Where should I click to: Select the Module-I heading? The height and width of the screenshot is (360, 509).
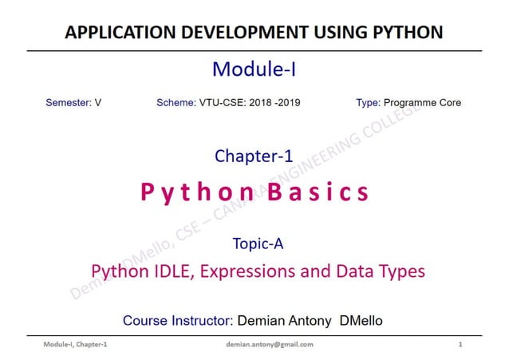point(254,70)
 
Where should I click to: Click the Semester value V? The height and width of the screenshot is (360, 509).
point(98,103)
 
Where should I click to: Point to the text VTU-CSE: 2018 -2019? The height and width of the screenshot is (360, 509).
point(250,103)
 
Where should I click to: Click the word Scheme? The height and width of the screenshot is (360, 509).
point(176,103)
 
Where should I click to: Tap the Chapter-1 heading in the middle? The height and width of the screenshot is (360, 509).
point(254,156)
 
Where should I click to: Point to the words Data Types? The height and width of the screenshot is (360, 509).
point(377,271)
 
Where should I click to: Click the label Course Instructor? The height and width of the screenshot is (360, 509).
point(176,321)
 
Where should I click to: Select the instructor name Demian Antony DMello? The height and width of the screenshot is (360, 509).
point(309,321)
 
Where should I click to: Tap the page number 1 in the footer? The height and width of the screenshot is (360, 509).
point(461,344)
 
